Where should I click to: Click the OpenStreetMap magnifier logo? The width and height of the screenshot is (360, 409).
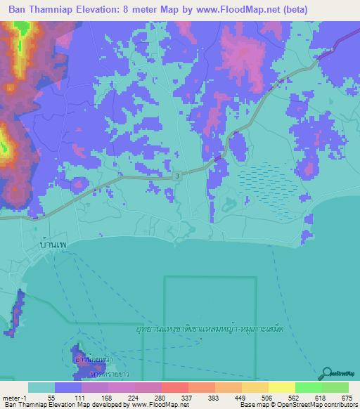[327, 374]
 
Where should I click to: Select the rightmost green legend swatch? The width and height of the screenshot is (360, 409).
[335, 387]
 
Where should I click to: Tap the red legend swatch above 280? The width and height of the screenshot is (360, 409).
[174, 387]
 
